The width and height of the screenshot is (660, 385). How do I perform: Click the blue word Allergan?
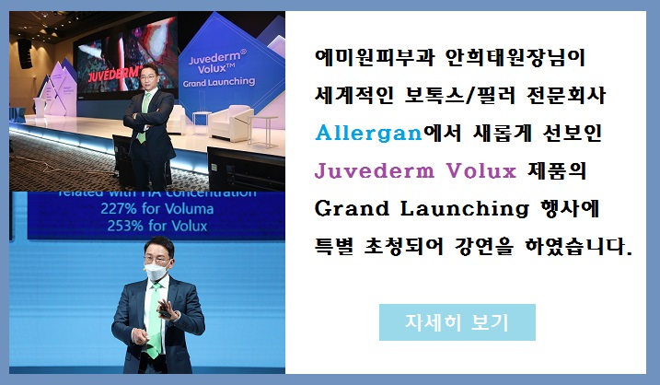pyautogui.click(x=369, y=134)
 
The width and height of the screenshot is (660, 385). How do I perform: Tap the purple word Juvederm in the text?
pyautogui.click(x=375, y=171)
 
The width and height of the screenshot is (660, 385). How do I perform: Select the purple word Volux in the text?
pyautogui.click(x=481, y=171)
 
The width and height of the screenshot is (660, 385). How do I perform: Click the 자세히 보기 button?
pyautogui.click(x=457, y=322)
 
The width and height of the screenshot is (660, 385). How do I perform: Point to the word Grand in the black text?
pyautogui.click(x=352, y=209)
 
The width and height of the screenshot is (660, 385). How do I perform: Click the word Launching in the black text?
pyautogui.click(x=464, y=209)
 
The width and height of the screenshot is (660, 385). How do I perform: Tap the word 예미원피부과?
pyautogui.click(x=375, y=57)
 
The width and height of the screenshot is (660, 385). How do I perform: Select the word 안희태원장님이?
pyautogui.click(x=515, y=57)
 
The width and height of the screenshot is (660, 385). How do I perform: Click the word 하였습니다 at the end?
pyautogui.click(x=579, y=247)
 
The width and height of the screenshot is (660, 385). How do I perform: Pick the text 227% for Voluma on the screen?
pyautogui.click(x=157, y=209)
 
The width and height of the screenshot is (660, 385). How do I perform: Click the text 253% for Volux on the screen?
pyautogui.click(x=157, y=227)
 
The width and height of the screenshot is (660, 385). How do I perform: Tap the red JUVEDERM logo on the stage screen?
pyautogui.click(x=114, y=74)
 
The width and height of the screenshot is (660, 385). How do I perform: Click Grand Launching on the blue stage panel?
pyautogui.click(x=219, y=82)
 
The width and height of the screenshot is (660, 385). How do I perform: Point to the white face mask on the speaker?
pyautogui.click(x=157, y=272)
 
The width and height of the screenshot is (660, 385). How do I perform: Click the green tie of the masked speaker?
pyautogui.click(x=155, y=321)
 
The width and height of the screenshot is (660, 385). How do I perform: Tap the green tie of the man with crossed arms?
pyautogui.click(x=144, y=116)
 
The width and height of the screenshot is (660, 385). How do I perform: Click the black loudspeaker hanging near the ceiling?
pyautogui.click(x=25, y=53)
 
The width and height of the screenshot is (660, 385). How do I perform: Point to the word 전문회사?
pyautogui.click(x=566, y=95)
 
